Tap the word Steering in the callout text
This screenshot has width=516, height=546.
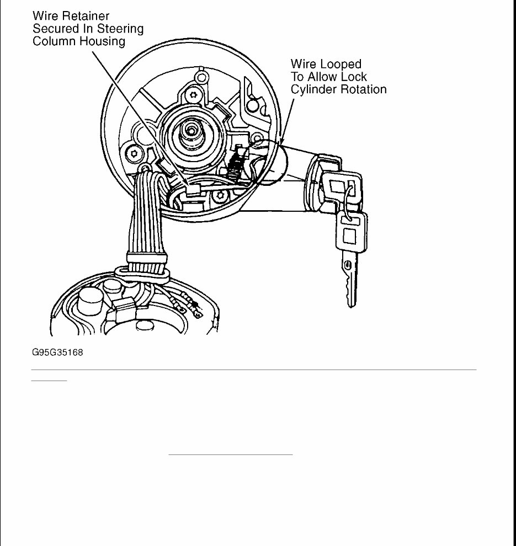click(x=119, y=29)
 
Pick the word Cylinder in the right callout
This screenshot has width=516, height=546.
click(x=312, y=89)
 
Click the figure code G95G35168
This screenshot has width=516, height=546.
click(x=57, y=352)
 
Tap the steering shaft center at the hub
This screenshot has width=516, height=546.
click(x=191, y=130)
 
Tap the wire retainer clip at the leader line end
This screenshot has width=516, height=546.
click(x=191, y=190)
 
